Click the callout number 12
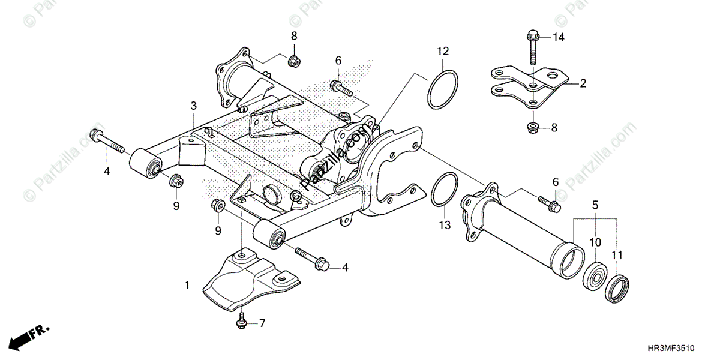click(442, 52)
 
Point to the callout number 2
click(583, 84)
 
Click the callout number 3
click(193, 106)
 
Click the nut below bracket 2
click(532, 127)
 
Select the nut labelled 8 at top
click(294, 60)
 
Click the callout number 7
click(262, 323)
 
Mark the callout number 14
click(559, 38)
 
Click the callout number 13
click(443, 226)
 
